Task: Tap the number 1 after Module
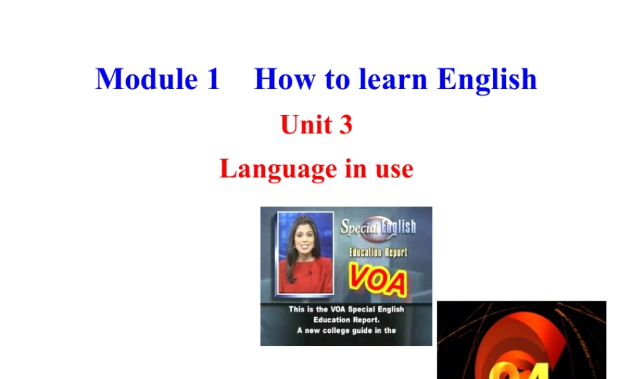211,79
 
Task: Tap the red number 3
345,124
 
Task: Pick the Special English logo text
378,226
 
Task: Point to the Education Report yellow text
379,252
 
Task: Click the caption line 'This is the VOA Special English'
346,310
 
